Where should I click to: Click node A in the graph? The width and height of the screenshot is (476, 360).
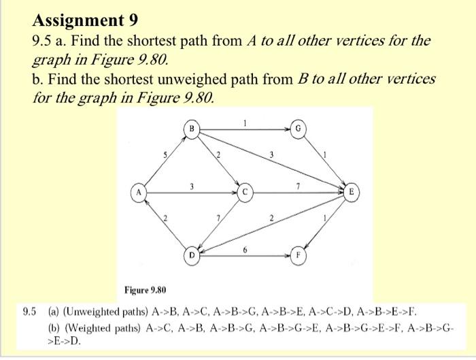click(x=139, y=193)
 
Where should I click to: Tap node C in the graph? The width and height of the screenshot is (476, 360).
click(x=245, y=193)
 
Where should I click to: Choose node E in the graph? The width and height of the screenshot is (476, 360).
click(x=351, y=193)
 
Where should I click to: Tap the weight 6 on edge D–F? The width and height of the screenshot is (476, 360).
click(x=244, y=251)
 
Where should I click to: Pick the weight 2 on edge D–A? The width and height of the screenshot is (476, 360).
click(x=163, y=218)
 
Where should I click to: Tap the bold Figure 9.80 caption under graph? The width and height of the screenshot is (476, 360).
click(x=146, y=290)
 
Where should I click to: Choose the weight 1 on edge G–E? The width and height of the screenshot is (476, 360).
click(x=326, y=155)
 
